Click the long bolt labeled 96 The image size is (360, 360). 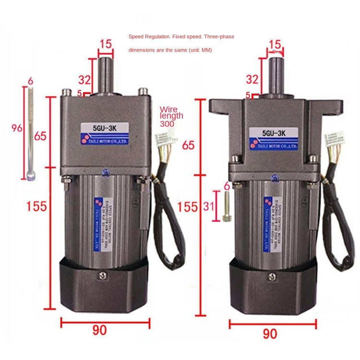pos(31,134)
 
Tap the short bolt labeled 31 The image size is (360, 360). pos(228,206)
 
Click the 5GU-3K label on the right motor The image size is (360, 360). pos(274,133)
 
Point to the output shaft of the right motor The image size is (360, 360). pos(276,77)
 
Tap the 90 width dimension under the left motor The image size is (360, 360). pos(100,330)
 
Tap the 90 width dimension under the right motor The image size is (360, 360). pos(270,333)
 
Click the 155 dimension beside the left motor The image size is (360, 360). pos(36,206)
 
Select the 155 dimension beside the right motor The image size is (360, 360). pos(187,206)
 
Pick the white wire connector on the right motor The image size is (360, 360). pos(333,141)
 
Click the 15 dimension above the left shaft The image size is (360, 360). pos(106,45)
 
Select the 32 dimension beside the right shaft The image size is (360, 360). pos(252,79)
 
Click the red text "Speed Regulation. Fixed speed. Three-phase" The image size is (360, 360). pos(181,36)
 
